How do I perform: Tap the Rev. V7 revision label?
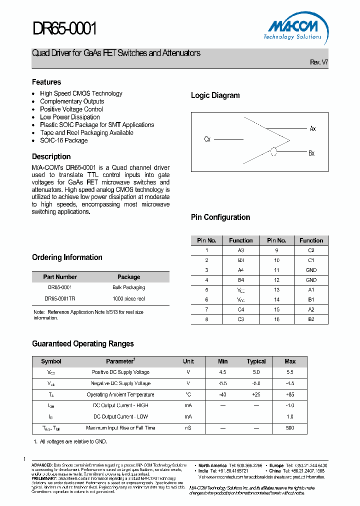(x=319, y=62)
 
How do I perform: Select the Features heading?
(x=46, y=82)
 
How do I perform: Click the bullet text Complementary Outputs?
(x=72, y=101)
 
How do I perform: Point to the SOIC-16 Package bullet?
(x=63, y=140)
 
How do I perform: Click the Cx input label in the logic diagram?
(x=207, y=139)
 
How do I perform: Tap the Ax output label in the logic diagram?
(x=312, y=128)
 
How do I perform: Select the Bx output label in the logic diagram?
(x=311, y=153)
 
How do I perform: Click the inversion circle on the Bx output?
(x=273, y=152)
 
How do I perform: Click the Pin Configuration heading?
(x=220, y=217)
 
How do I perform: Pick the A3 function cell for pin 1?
(x=241, y=250)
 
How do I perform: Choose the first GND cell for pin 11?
(x=311, y=270)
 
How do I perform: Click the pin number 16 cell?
(x=276, y=319)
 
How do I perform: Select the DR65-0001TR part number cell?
(x=60, y=298)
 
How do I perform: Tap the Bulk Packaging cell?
(x=128, y=287)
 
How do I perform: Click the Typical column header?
(x=256, y=361)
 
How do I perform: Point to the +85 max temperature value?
(x=290, y=394)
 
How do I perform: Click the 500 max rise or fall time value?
(x=290, y=428)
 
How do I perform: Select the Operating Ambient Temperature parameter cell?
(x=120, y=394)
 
